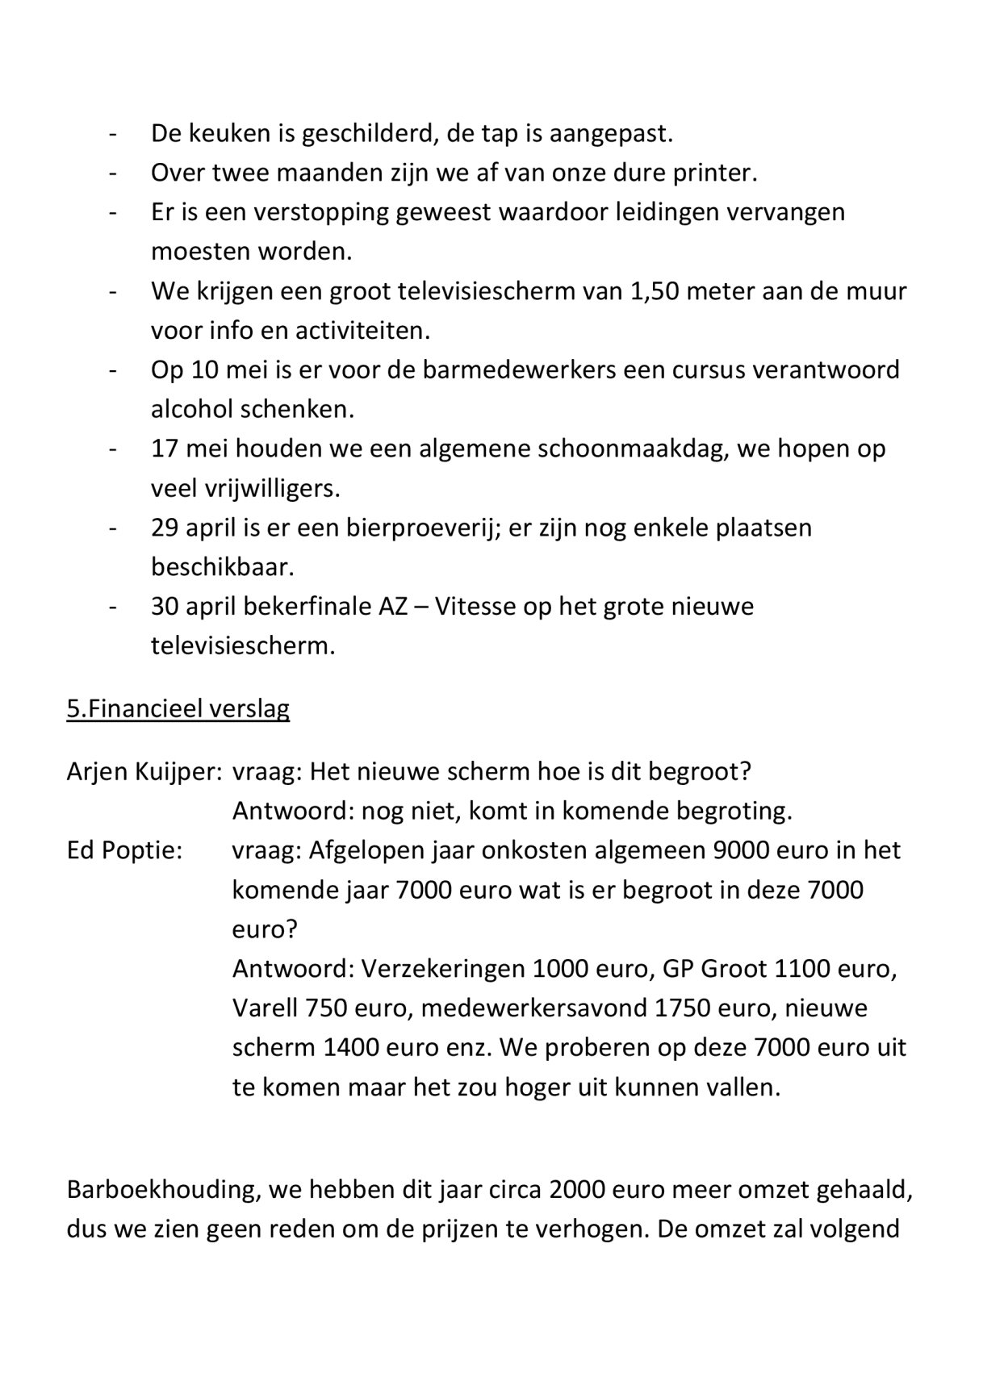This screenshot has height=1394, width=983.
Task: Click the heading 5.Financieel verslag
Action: (x=178, y=708)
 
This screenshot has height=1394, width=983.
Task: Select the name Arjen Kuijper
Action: (x=144, y=772)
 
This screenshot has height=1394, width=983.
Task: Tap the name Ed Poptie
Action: (x=123, y=850)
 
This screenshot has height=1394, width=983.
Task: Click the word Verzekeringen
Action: (x=443, y=968)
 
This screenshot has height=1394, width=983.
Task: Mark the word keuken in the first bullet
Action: (x=229, y=133)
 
